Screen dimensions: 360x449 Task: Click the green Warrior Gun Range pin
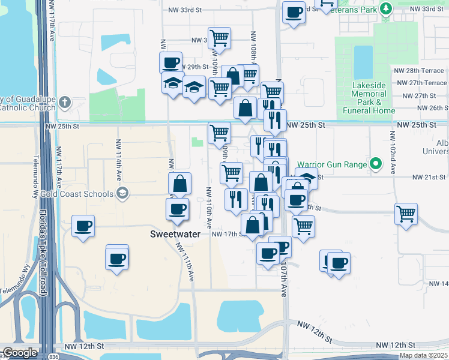[376, 163]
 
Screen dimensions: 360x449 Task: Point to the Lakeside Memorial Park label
[369, 98]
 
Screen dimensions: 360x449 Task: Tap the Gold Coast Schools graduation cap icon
[123, 193]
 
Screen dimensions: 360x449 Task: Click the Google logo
[20, 353]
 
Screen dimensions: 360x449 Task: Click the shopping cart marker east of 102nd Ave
[406, 214]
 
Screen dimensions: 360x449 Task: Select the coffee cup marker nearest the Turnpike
[83, 226]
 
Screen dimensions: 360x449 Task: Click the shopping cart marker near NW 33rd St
[220, 38]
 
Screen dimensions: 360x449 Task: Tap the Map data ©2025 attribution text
[423, 355]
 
